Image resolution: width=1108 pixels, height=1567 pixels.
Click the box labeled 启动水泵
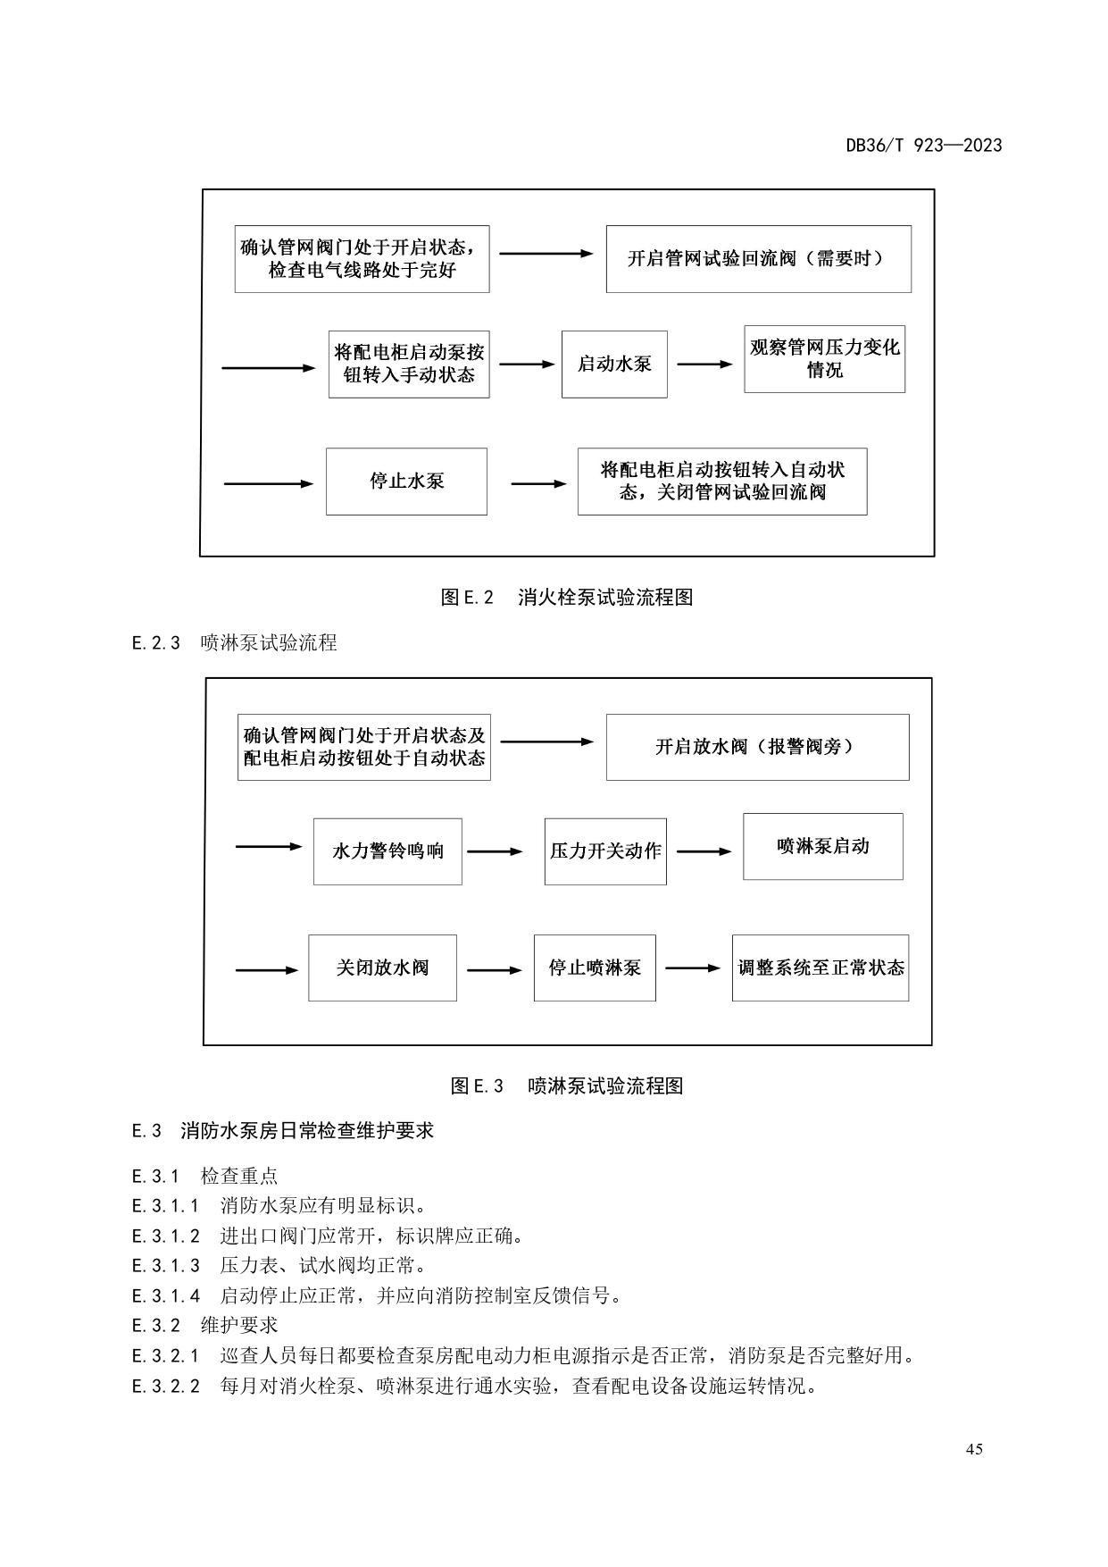click(614, 365)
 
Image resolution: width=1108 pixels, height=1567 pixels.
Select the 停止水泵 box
click(406, 482)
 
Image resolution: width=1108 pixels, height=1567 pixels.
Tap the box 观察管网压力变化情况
click(824, 359)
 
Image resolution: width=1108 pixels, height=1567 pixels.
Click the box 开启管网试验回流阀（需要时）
click(758, 259)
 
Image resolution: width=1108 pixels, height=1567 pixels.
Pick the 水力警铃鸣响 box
click(387, 851)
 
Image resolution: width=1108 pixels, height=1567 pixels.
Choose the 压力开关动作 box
click(605, 851)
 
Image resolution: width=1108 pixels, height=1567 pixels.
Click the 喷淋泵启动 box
click(822, 846)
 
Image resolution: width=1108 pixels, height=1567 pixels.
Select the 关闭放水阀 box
click(382, 968)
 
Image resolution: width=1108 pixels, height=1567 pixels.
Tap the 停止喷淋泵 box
click(595, 968)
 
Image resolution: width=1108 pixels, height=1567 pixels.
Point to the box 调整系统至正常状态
click(820, 968)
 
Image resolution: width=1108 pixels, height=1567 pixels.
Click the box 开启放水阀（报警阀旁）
click(757, 747)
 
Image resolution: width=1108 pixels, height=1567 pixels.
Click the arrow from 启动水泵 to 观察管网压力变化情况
click(704, 365)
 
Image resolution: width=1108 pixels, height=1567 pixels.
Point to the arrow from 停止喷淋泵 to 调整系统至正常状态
click(693, 968)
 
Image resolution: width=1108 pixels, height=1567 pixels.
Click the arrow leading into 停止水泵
click(269, 483)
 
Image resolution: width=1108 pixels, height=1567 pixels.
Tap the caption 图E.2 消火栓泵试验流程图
click(567, 598)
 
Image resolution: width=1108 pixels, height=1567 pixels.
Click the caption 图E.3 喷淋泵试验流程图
click(567, 1085)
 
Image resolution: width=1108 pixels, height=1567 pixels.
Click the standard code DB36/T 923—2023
click(924, 146)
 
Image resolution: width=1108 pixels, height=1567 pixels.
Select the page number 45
click(974, 1449)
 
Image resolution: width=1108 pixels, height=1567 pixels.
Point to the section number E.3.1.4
click(166, 1295)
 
